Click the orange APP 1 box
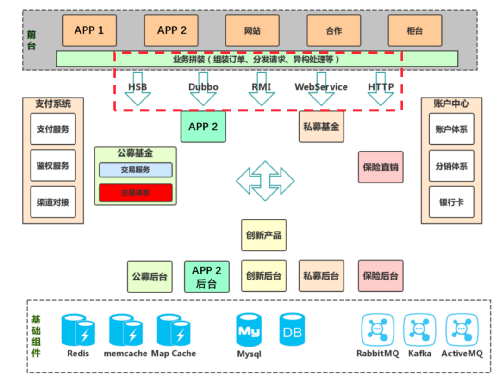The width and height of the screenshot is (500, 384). click(89, 30)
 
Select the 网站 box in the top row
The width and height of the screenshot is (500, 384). click(252, 30)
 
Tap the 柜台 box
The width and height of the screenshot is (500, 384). click(414, 30)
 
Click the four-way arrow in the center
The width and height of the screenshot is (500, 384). click(265, 181)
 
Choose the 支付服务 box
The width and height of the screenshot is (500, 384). click(53, 129)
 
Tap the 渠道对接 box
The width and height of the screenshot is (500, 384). click(53, 202)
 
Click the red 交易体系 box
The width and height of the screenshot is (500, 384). click(136, 193)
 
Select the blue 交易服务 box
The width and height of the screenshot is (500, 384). click(136, 170)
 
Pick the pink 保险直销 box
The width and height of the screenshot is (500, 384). click(381, 167)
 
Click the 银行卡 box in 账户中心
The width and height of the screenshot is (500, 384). click(451, 202)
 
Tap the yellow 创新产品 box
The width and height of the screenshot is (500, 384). click(264, 235)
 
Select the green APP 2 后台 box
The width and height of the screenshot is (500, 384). click(206, 276)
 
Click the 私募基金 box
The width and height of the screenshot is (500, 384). click(321, 126)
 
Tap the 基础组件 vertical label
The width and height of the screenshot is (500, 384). click(36, 336)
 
